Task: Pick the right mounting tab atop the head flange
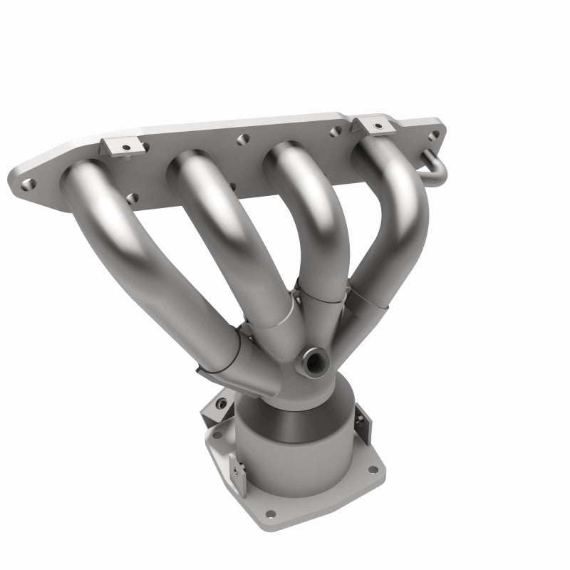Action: (x=370, y=125)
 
